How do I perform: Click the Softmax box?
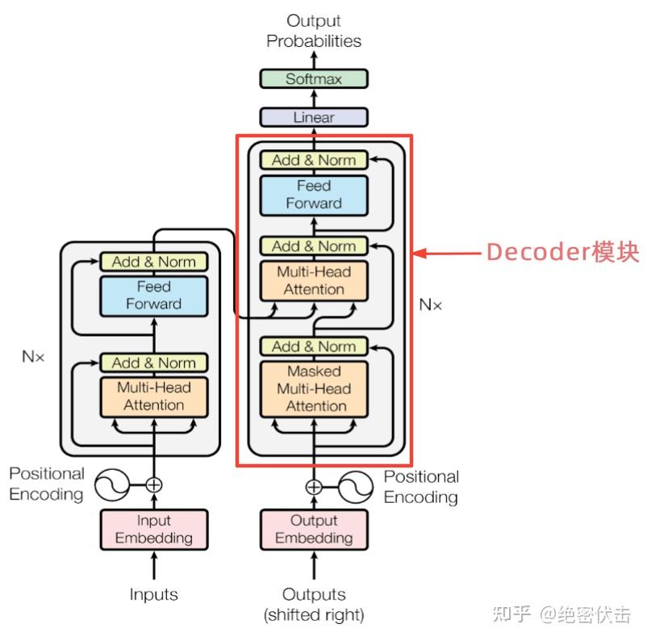tap(313, 79)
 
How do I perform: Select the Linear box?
tap(313, 117)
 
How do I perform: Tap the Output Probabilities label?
tap(313, 31)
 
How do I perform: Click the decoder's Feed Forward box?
tap(313, 195)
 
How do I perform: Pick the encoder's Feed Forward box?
tap(153, 295)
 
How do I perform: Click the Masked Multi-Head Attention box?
tap(313, 389)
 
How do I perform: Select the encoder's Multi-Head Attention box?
tap(153, 396)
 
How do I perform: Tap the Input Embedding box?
tap(153, 530)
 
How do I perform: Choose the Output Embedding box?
tap(313, 530)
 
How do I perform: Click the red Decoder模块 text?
tap(562, 253)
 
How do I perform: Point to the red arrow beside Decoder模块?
tap(447, 253)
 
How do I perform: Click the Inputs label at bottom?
tap(153, 595)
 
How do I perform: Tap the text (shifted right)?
tap(313, 615)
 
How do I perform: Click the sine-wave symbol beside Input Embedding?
tap(111, 485)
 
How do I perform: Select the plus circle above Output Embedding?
tap(313, 487)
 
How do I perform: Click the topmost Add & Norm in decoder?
tap(313, 160)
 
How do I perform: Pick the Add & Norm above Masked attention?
tap(313, 346)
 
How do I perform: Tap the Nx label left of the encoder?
tap(33, 356)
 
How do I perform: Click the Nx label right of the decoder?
tap(431, 305)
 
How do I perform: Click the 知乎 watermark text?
tap(512, 615)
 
